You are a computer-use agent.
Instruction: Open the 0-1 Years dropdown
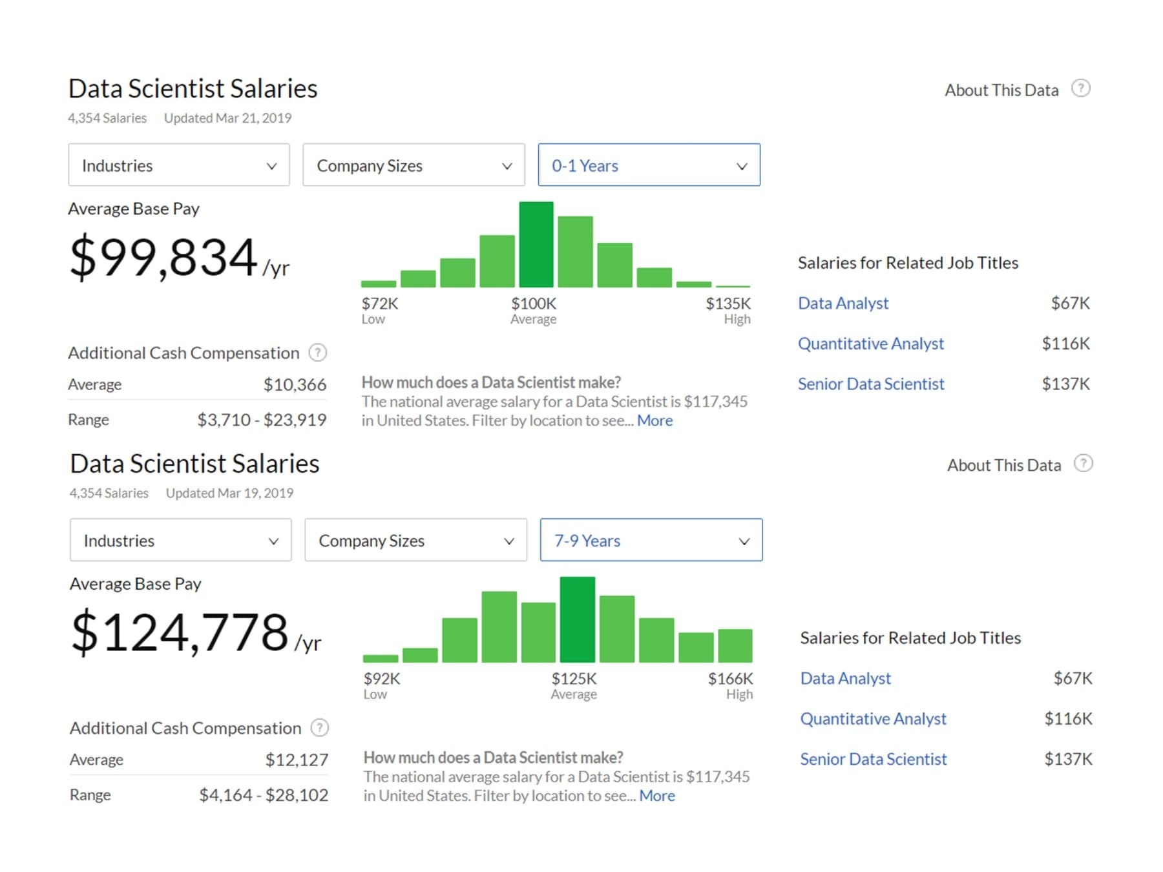649,165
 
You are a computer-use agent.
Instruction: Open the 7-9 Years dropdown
651,540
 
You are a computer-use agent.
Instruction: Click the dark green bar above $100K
536,244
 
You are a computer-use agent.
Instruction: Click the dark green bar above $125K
577,619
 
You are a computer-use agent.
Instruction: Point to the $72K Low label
379,311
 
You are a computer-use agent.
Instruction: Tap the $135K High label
728,311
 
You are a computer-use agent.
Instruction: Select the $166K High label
730,686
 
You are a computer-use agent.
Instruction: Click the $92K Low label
382,686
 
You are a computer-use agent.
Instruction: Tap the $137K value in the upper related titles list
1065,384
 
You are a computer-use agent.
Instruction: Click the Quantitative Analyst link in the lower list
873,718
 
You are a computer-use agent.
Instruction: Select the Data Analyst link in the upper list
843,303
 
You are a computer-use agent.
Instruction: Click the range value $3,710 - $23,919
262,420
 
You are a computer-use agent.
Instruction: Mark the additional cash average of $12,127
297,760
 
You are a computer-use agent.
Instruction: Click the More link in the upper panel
655,420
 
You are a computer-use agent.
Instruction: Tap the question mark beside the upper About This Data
1081,88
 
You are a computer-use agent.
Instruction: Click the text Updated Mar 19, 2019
229,493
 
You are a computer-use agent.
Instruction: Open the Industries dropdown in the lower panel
181,540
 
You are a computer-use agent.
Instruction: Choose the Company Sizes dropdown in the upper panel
414,165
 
